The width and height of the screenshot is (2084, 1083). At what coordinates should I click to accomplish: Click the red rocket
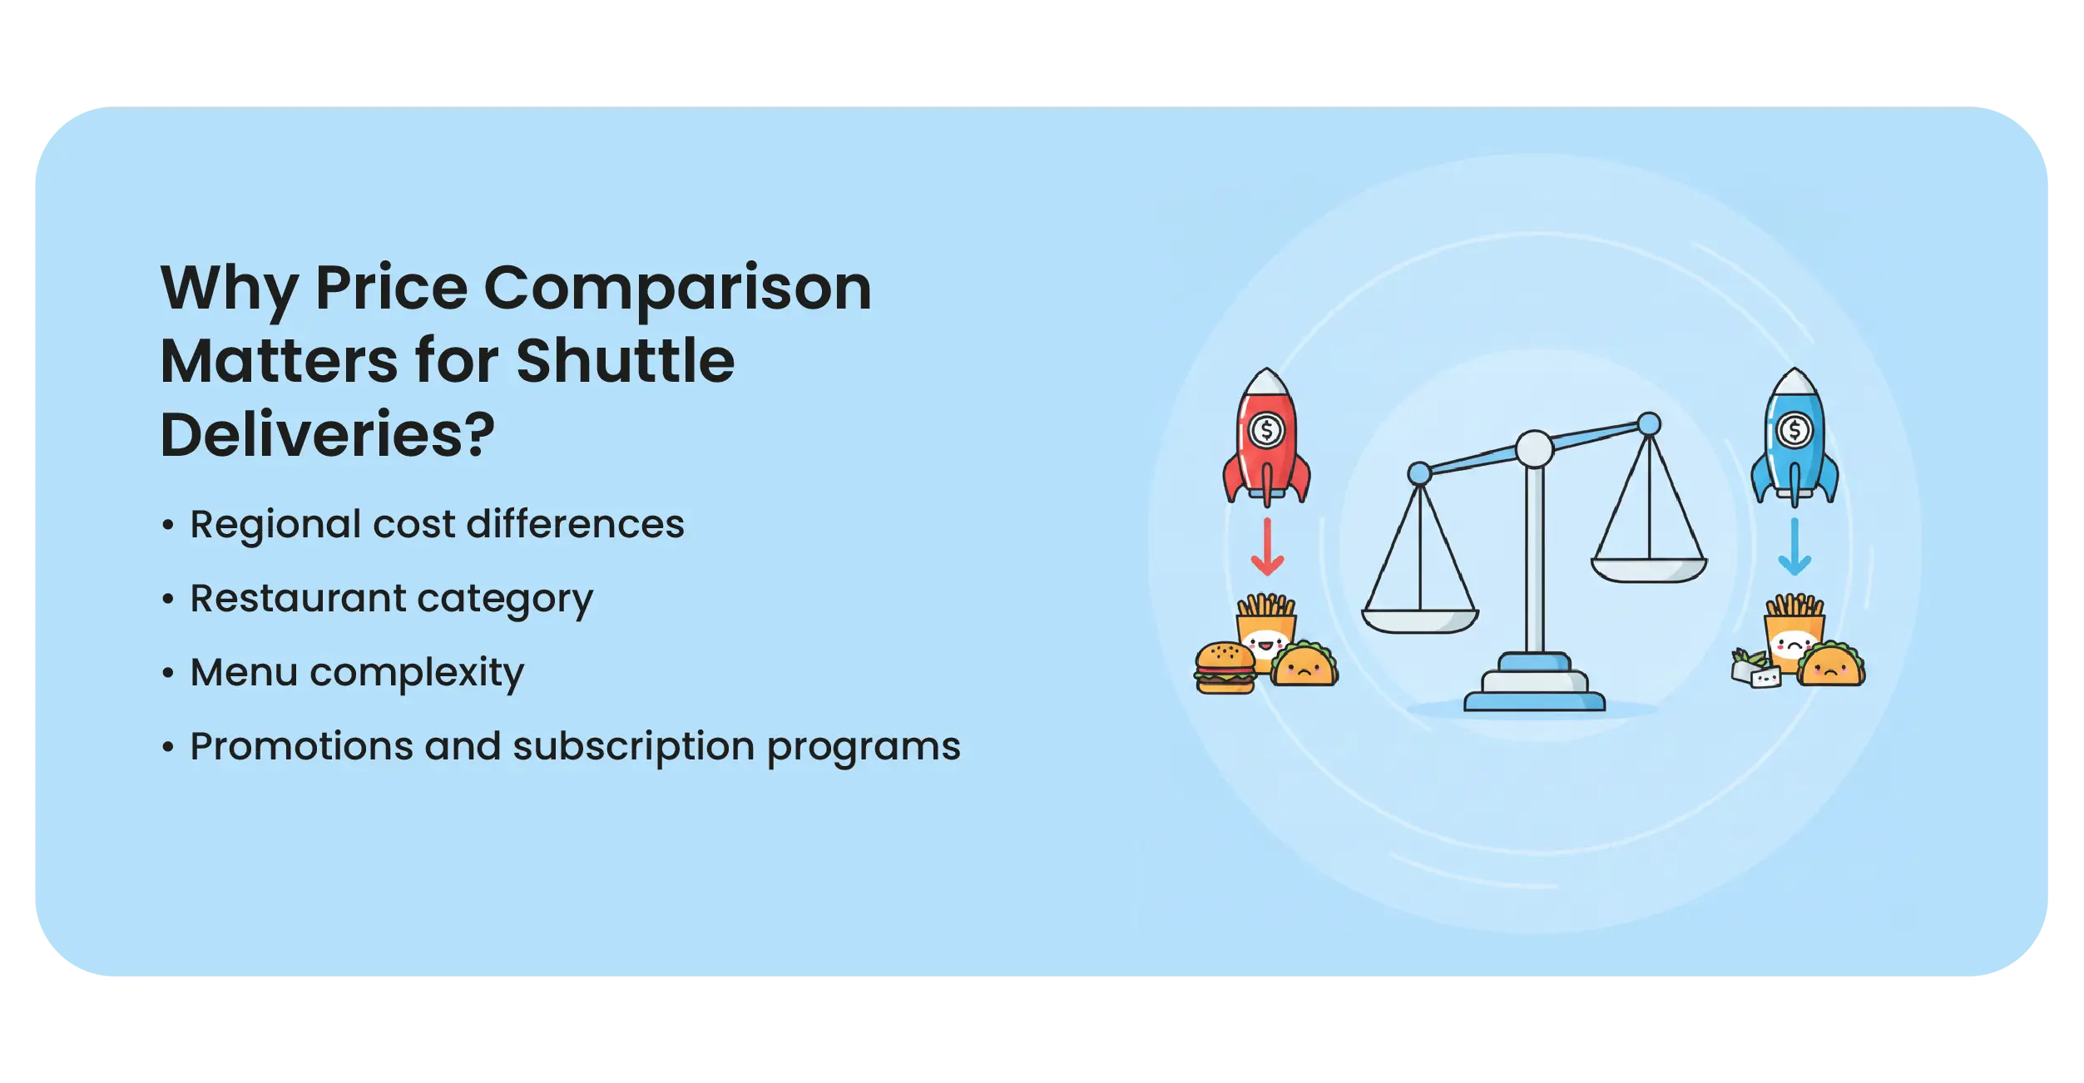(1266, 437)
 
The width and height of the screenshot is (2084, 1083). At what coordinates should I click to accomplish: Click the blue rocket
(1794, 437)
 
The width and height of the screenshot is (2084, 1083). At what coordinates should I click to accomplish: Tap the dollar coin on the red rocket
(1267, 431)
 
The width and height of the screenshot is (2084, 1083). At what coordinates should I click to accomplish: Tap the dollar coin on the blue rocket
(1794, 431)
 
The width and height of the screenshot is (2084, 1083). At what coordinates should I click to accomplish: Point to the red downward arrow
(1267, 546)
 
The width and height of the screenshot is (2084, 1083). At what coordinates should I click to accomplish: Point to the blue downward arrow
(1794, 546)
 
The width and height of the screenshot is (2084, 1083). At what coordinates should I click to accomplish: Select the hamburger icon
(1225, 667)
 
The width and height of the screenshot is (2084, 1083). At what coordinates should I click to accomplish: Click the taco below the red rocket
(1304, 663)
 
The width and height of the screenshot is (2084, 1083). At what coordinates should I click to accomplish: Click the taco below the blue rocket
(1831, 663)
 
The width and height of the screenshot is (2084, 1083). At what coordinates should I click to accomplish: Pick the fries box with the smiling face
(1266, 630)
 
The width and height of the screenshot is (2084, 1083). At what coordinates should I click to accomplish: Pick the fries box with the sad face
(1794, 630)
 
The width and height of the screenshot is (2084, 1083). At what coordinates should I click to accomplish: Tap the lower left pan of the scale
(1419, 621)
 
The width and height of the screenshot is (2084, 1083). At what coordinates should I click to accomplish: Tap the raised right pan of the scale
(1649, 570)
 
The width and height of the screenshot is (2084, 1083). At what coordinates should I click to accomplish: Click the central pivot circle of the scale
(1534, 449)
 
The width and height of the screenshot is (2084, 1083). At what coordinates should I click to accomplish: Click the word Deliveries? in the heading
(327, 434)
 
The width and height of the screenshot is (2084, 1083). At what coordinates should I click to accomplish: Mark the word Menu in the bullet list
(244, 672)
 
